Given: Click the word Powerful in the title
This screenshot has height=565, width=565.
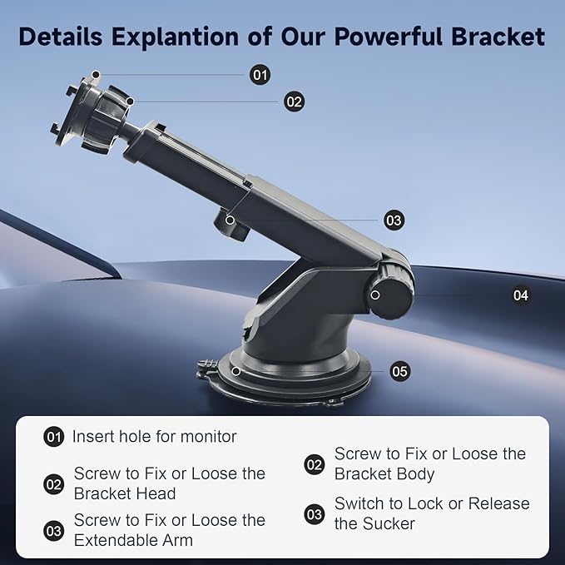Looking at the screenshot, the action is click(389, 37).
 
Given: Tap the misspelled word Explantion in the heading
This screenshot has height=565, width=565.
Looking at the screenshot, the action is click(175, 37).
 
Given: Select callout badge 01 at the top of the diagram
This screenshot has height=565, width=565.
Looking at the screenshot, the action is click(260, 75).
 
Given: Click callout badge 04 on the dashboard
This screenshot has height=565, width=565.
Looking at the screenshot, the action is click(521, 295).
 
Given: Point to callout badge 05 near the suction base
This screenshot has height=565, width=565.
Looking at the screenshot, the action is click(400, 371).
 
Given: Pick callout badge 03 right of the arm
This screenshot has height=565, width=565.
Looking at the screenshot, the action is click(394, 221).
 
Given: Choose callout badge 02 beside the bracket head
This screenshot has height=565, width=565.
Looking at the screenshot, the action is click(294, 102).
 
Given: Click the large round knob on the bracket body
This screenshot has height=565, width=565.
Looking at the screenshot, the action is click(390, 291).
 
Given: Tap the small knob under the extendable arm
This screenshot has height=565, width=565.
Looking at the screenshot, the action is click(231, 226).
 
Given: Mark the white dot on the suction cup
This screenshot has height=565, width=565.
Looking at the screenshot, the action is click(236, 371).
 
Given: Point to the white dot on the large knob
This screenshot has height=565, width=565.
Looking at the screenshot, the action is click(375, 295).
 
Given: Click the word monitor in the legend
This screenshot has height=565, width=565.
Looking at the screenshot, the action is click(209, 437).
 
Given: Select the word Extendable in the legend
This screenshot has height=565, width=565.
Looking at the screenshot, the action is click(112, 540).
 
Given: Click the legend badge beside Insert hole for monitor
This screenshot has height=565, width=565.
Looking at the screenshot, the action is click(54, 437).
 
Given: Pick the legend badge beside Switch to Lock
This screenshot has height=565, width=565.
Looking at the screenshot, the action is click(315, 514).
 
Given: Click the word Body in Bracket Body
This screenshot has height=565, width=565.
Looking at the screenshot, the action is click(417, 474).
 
